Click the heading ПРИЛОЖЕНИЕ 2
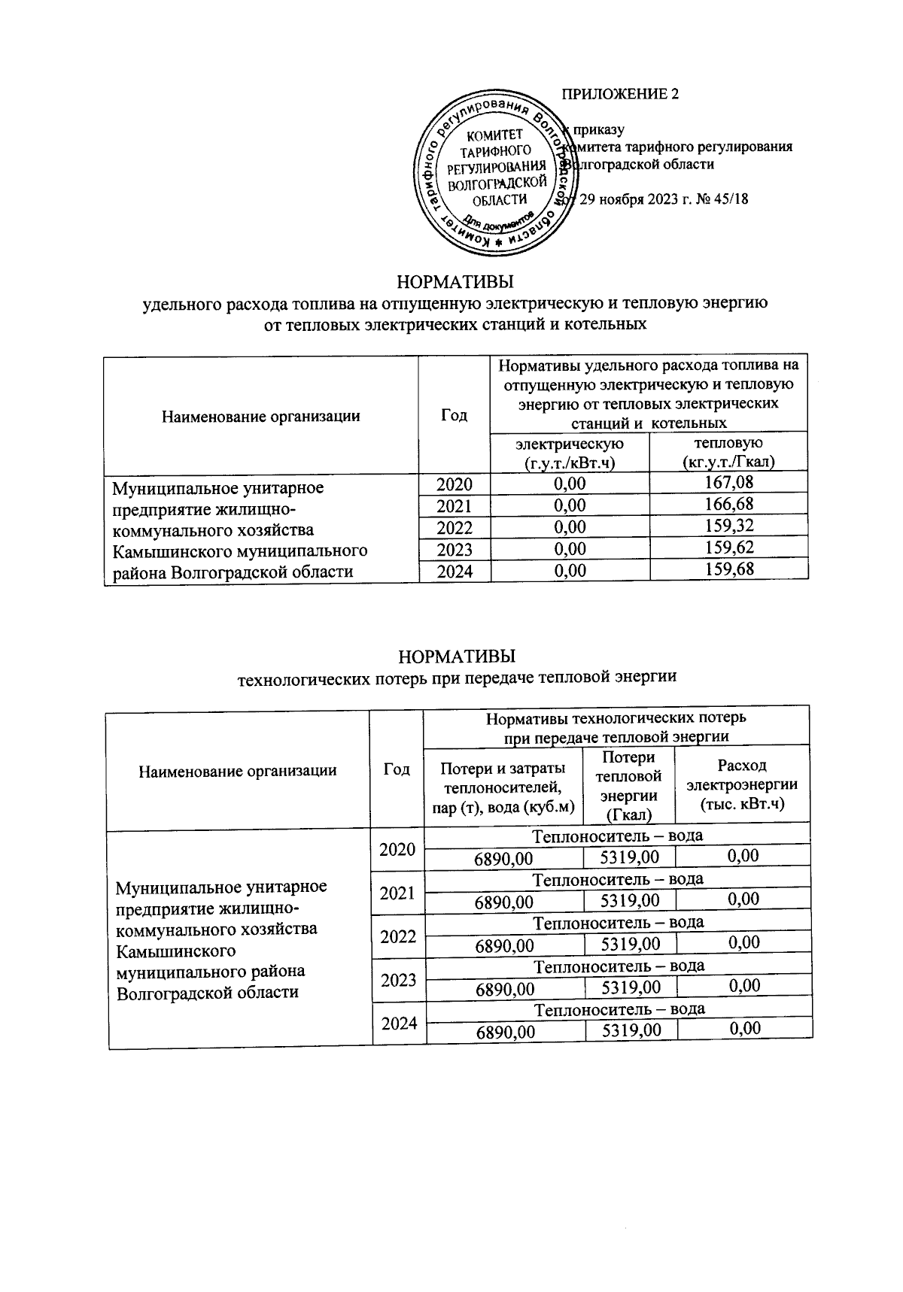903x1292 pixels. [x=621, y=94]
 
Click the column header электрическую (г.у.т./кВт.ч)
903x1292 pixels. [x=569, y=453]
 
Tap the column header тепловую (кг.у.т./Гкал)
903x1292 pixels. [x=728, y=453]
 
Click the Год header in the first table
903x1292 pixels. [x=454, y=415]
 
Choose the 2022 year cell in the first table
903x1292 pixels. [x=454, y=527]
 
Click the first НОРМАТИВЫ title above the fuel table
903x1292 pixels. [x=455, y=282]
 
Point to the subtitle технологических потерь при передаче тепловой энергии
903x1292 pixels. [x=458, y=677]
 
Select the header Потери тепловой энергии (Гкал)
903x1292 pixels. [x=628, y=786]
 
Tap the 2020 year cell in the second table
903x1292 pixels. [x=398, y=850]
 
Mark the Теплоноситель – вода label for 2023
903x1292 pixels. [x=619, y=966]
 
